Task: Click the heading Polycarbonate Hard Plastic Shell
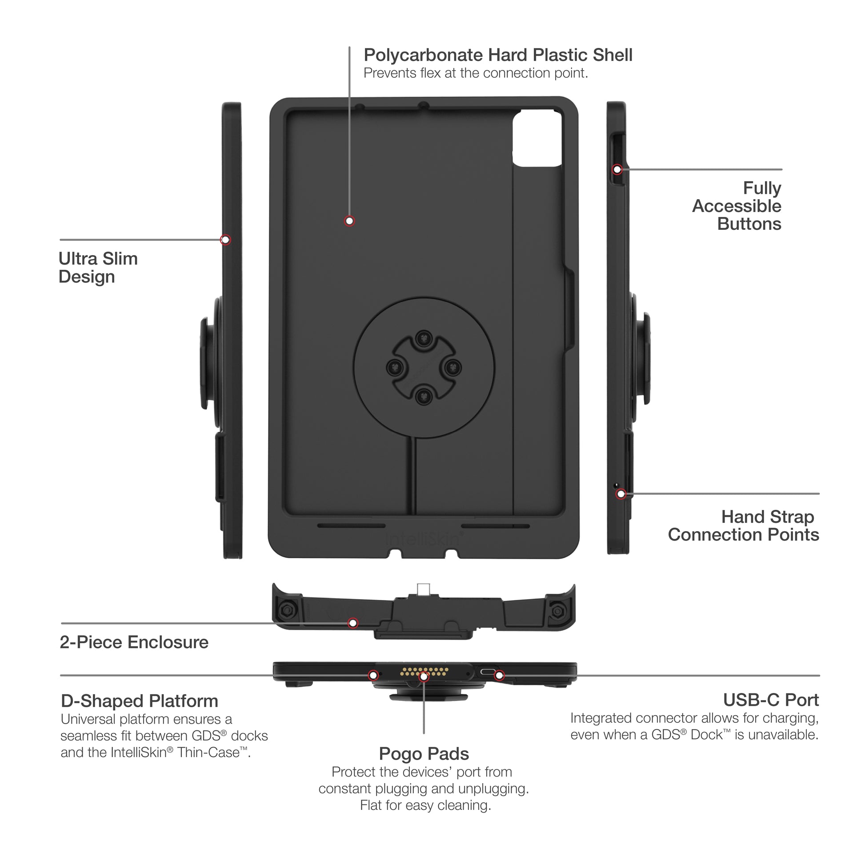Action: [498, 55]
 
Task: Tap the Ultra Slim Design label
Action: [98, 268]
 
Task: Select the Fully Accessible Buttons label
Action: [737, 206]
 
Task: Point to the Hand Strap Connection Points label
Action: [744, 526]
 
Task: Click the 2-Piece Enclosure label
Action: [134, 642]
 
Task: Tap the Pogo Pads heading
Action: [424, 754]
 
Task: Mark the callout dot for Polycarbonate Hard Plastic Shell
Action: [349, 221]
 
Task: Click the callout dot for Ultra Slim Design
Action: [226, 240]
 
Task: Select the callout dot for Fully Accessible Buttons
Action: [617, 169]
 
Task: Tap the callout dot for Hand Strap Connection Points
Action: [621, 494]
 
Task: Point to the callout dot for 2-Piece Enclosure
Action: [353, 623]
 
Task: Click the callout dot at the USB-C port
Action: [500, 676]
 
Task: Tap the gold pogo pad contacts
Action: [424, 672]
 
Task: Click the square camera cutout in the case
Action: [537, 139]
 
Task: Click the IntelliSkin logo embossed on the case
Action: [424, 539]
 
